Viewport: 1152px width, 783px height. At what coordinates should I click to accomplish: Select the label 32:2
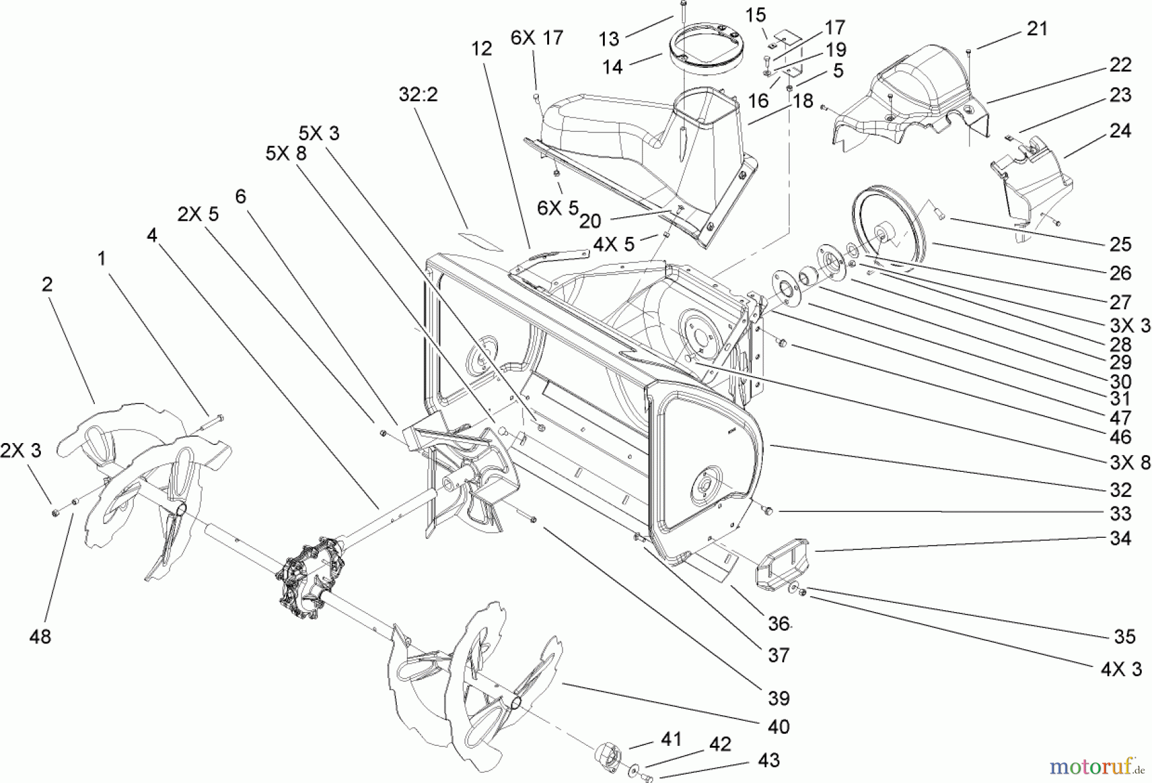tap(418, 94)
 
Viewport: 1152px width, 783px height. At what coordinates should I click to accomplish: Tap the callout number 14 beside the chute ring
tap(612, 66)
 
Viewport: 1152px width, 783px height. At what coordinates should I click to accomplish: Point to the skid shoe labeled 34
tap(782, 561)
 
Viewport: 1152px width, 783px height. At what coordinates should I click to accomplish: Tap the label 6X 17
tap(537, 38)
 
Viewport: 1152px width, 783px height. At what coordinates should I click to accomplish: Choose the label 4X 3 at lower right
tap(1121, 669)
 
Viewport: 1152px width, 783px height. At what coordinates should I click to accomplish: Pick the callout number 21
tap(1037, 28)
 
